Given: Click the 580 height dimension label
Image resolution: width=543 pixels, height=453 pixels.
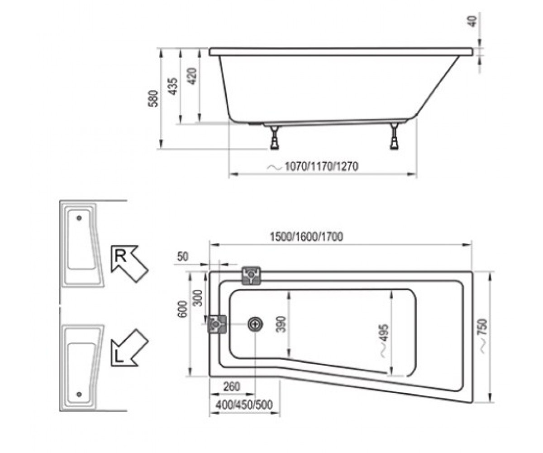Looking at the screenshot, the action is (153, 98).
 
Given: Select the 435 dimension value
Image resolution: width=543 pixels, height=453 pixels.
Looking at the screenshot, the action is (172, 87).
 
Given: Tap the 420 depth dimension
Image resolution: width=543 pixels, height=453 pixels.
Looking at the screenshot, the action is (192, 76).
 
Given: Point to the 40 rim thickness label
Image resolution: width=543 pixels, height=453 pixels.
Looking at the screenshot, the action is (473, 21).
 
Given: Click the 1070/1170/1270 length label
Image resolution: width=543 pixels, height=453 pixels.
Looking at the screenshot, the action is (321, 166).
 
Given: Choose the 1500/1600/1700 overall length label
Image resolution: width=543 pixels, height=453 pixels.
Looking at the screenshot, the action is (306, 237).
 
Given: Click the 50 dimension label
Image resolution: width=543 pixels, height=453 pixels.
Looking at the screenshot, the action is (182, 257).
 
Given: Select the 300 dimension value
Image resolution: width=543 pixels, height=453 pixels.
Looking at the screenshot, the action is (198, 298).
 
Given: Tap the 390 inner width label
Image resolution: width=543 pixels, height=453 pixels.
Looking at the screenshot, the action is (281, 324).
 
